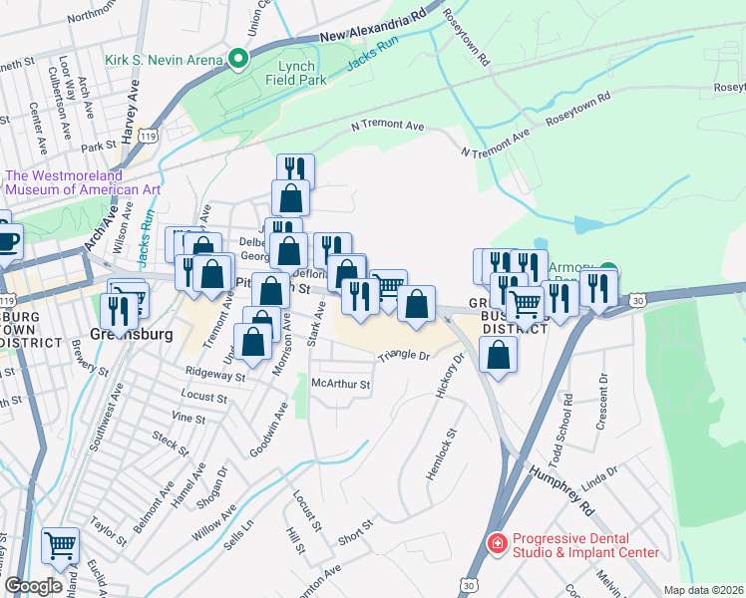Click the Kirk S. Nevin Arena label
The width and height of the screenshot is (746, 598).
click(165, 60)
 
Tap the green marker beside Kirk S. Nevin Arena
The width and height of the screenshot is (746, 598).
click(239, 60)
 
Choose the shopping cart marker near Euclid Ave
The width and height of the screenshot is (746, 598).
click(60, 546)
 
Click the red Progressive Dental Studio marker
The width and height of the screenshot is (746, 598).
click(495, 543)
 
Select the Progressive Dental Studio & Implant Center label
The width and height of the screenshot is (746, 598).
click(584, 545)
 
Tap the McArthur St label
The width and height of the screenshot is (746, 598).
click(341, 383)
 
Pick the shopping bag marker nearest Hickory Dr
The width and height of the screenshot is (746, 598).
click(498, 354)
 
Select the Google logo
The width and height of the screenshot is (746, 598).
click(33, 586)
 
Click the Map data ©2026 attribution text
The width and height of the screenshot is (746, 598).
click(703, 590)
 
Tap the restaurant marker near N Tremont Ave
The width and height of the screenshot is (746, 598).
click(295, 168)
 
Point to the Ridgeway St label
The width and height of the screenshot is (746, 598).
click(215, 376)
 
